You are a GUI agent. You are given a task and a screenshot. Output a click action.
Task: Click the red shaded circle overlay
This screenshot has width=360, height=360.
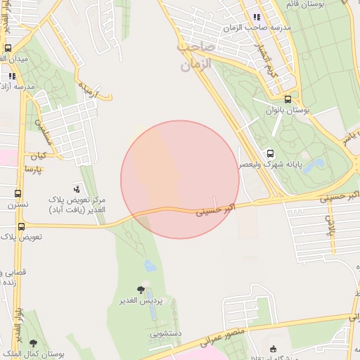(180, 179)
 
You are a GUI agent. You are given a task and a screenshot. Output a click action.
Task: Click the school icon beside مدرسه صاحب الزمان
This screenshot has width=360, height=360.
(257, 17)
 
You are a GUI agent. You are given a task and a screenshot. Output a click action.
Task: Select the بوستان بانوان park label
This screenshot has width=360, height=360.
(288, 110)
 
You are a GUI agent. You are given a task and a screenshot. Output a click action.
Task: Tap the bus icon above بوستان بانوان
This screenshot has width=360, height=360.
(288, 99)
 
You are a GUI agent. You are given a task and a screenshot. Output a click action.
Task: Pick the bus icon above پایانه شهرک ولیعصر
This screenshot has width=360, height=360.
(270, 153)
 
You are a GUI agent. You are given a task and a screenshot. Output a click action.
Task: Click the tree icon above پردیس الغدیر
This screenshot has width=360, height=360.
(141, 289)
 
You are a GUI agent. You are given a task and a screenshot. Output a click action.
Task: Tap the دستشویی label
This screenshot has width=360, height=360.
(166, 334)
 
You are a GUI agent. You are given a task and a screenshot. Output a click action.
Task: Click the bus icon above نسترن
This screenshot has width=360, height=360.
(18, 193)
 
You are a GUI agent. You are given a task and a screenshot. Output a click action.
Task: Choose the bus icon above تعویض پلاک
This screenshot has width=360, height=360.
(21, 226)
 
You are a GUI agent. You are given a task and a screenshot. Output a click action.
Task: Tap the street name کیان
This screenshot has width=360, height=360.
(36, 155)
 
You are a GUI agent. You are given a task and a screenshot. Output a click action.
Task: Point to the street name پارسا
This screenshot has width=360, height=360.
(33, 169)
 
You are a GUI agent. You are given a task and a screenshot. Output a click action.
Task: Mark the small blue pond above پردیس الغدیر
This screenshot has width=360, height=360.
(149, 266)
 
